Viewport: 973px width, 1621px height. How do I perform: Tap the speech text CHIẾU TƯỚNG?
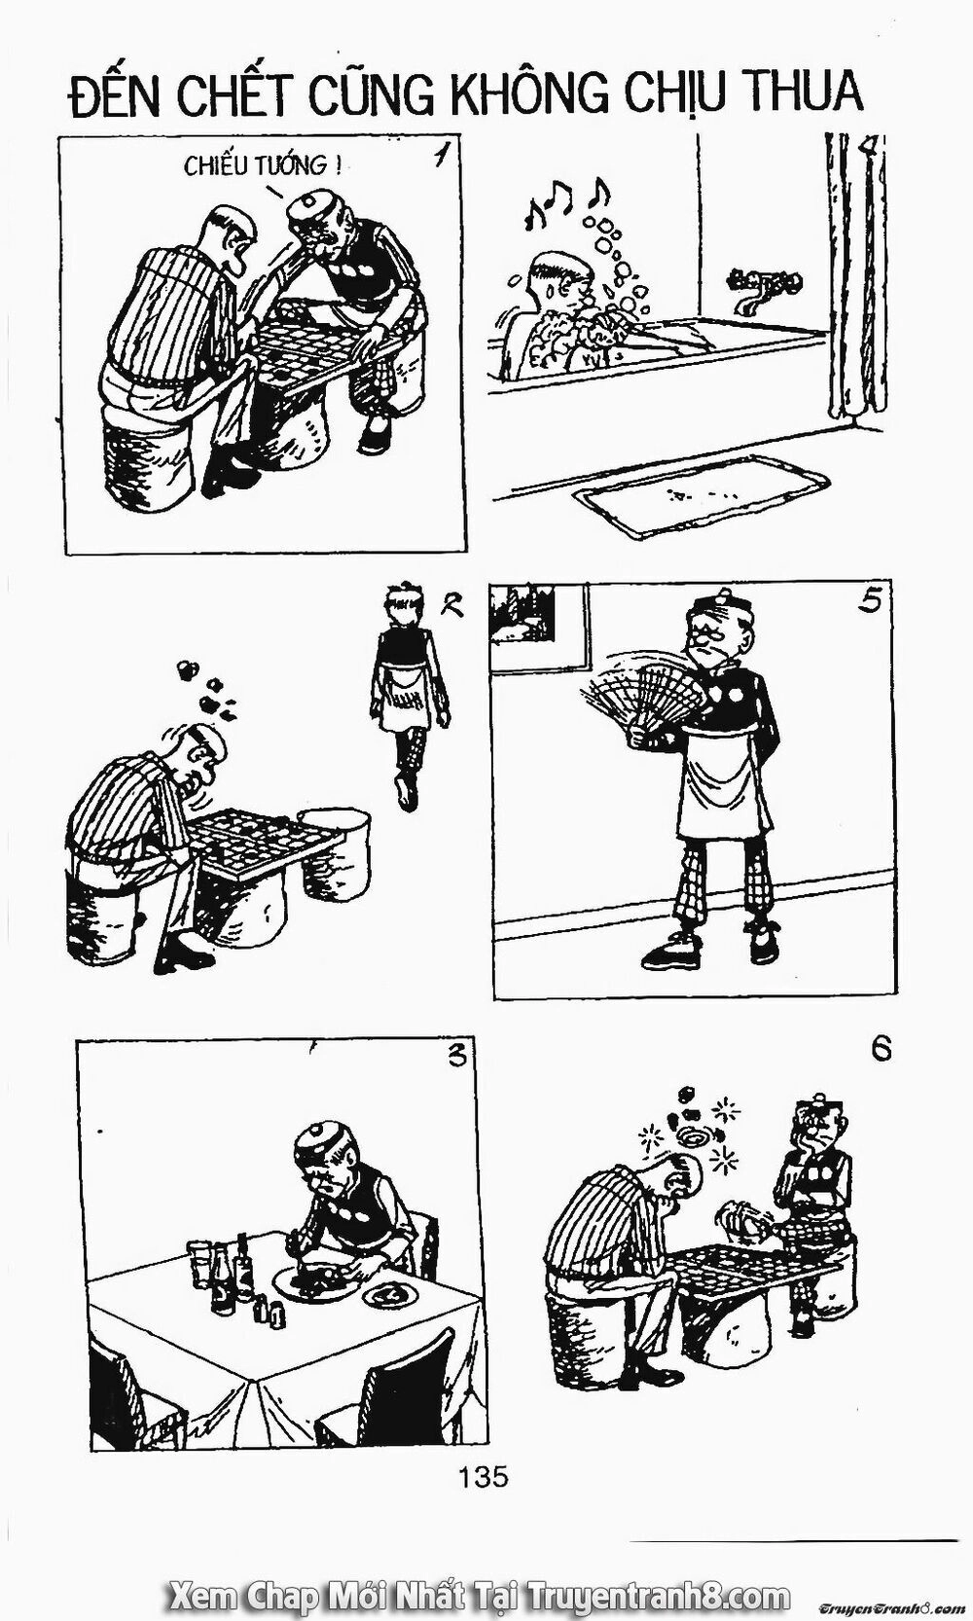(262, 167)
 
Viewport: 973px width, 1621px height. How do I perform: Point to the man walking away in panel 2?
(406, 691)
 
